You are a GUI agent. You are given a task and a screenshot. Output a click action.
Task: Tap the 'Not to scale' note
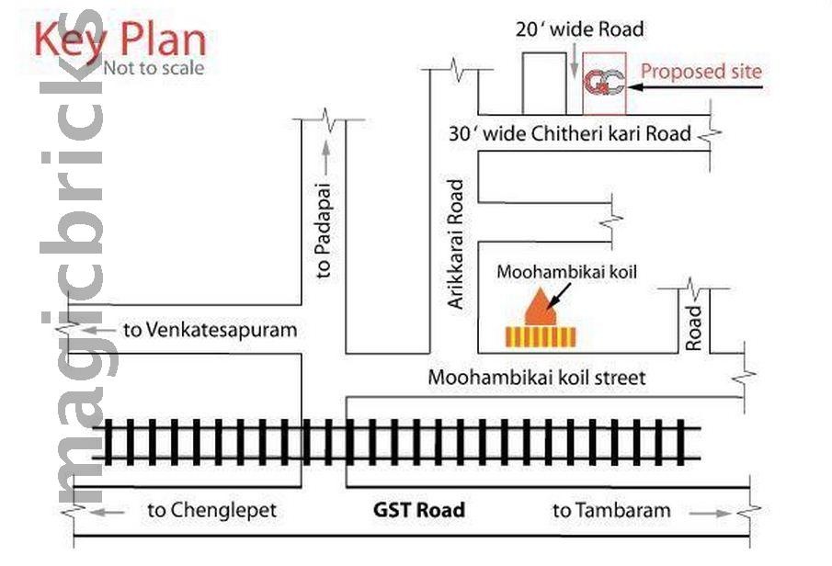(154, 68)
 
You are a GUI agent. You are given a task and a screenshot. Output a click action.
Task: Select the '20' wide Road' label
(579, 29)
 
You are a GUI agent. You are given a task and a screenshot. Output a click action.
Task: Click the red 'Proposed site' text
(701, 71)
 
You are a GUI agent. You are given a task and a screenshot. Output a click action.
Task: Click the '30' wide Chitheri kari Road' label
(570, 134)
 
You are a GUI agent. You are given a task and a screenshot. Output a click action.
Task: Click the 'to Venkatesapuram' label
(210, 330)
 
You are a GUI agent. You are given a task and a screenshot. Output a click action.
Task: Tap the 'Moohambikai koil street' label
(537, 377)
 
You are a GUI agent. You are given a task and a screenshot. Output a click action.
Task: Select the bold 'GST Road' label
(419, 510)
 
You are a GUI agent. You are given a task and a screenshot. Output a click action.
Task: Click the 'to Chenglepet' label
(211, 510)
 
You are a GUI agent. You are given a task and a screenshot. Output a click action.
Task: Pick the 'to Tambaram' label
(611, 510)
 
